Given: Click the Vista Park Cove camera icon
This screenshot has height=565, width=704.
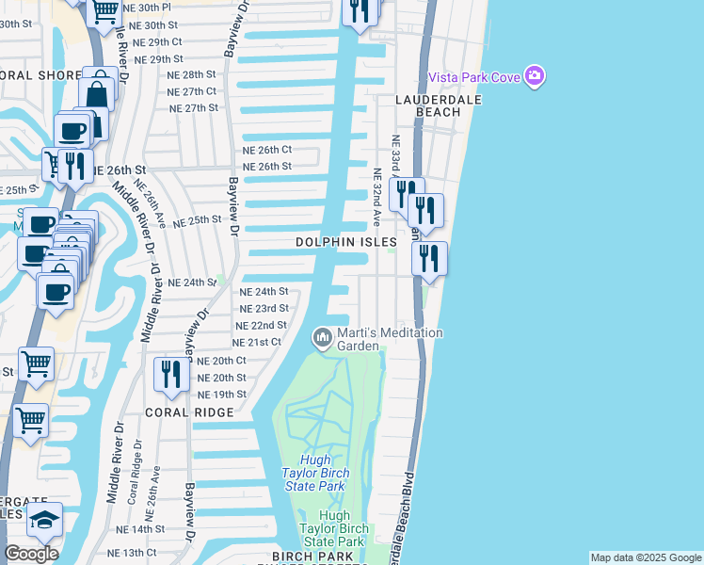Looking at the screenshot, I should [536, 75].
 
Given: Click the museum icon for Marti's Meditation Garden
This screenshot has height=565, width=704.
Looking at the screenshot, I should [323, 336].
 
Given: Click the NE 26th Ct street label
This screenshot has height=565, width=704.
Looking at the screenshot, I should [267, 150].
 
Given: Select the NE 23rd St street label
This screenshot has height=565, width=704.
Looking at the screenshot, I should [264, 309].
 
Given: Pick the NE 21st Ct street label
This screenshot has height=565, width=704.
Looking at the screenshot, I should [256, 342].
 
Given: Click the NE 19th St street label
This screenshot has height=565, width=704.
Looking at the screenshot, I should [222, 395].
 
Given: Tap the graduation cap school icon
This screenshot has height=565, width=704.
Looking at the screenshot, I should [44, 520].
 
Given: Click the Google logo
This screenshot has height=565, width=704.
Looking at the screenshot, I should [30, 554].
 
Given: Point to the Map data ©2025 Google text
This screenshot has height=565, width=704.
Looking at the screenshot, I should [646, 557].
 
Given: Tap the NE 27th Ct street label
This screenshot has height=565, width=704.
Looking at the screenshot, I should [192, 91].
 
